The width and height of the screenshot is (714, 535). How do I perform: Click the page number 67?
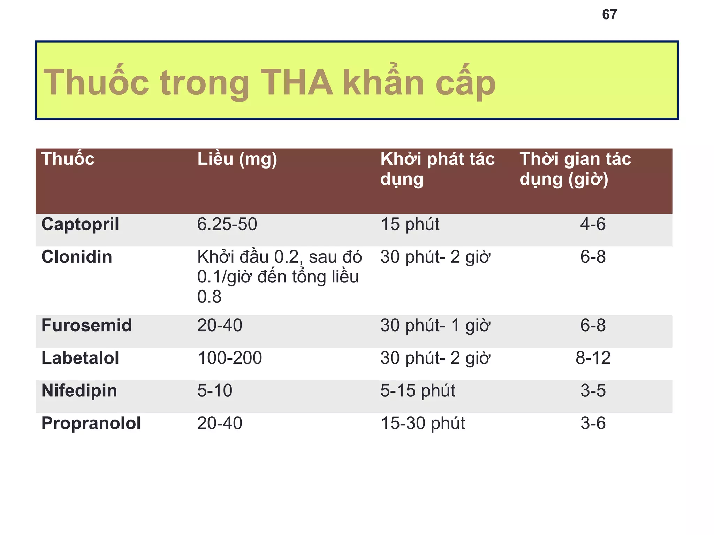pos(609,15)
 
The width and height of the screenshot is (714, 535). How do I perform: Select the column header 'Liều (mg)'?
pos(237,159)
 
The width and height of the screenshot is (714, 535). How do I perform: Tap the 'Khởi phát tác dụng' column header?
pos(437,169)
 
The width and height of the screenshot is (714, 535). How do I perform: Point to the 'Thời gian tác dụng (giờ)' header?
pos(575,169)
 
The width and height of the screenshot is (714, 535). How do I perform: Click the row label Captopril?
pos(80,224)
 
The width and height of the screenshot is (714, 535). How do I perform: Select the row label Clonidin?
pos(77,257)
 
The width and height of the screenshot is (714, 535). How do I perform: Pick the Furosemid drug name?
pos(86,325)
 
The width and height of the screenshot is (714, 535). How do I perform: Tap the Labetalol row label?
pos(80,358)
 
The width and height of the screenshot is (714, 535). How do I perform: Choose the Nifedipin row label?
pos(79,390)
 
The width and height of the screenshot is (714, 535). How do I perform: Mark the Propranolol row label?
pos(91,424)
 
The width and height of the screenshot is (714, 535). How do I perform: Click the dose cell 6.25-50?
pos(227,224)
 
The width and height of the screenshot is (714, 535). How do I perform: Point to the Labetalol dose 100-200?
pos(229,358)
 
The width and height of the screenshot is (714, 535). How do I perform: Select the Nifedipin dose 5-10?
pos(215,390)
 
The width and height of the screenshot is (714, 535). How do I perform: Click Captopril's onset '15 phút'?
pos(410,224)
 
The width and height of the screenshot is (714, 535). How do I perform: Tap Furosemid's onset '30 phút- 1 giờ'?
pos(435,325)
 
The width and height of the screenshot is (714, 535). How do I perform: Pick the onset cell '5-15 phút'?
pos(417,390)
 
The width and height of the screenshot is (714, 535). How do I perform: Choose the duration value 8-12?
pos(593,358)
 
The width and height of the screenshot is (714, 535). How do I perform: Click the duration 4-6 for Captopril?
pos(593,224)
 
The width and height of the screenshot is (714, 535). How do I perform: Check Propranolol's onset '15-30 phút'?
pos(423,424)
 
